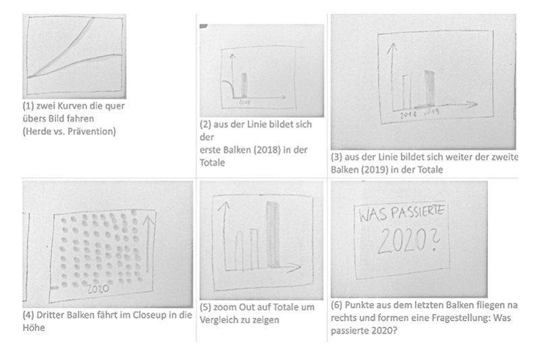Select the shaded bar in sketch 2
click(x=246, y=85)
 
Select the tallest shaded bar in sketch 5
click(x=272, y=233)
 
